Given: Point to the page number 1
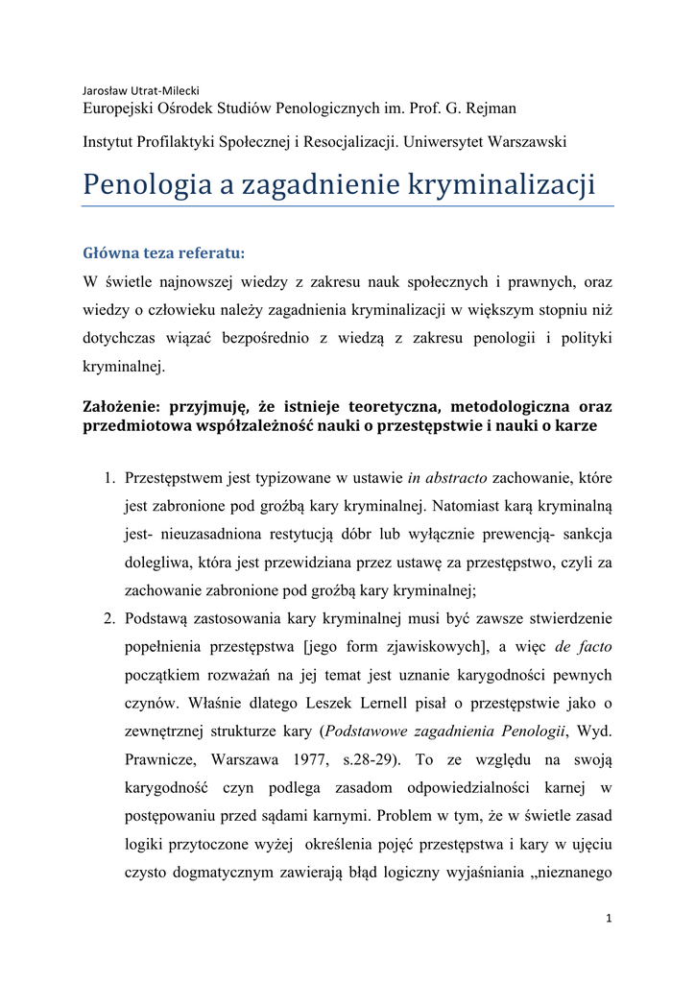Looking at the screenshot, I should (x=608, y=918).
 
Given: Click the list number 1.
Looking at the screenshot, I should (x=109, y=477).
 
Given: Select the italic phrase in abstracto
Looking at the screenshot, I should (x=447, y=477).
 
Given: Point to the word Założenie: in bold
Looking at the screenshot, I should (x=128, y=406).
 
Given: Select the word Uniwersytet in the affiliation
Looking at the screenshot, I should (x=448, y=141).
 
